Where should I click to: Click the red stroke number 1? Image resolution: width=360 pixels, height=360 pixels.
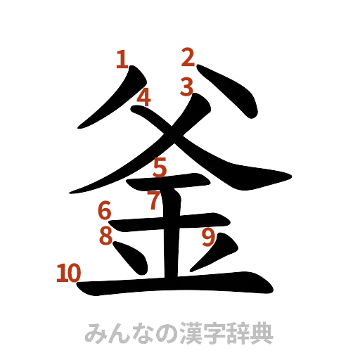122,59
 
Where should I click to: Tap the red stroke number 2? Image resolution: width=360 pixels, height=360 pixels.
188,56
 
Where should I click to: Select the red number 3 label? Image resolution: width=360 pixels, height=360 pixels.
186,88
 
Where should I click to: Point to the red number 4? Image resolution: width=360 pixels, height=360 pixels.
143,97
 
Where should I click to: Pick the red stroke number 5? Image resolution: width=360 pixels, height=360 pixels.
160,167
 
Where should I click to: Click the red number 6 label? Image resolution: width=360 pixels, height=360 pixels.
104,209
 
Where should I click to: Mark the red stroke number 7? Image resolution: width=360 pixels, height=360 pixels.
154,200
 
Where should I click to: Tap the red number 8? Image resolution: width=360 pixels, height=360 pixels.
105,236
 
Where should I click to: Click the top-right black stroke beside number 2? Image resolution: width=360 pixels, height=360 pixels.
232,91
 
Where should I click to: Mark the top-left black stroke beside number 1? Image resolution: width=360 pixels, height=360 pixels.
105,105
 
